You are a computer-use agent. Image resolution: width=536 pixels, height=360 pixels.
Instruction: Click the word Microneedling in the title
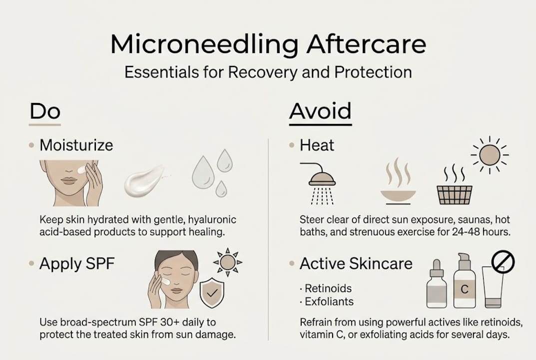[x=204, y=45]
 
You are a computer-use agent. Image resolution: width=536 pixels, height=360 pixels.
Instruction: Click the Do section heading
[x=45, y=111]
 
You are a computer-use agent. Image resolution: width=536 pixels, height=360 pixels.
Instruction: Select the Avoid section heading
[x=320, y=111]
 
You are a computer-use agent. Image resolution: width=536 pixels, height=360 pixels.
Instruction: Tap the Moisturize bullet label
[x=76, y=145]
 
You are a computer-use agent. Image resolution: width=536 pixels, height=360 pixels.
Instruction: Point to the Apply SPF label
[x=77, y=264]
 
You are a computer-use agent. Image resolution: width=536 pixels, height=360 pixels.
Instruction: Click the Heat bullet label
[x=317, y=145]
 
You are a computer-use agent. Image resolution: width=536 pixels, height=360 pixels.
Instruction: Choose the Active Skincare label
[x=356, y=263]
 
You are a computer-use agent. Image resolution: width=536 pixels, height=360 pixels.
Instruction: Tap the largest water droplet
[x=203, y=172]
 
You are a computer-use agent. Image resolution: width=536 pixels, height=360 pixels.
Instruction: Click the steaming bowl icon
[x=398, y=181]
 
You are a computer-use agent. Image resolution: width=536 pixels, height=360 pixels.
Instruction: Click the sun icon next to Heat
[x=490, y=154]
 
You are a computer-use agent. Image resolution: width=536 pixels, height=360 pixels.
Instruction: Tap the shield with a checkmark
[x=212, y=292]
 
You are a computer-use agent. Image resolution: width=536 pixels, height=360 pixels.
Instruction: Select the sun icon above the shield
[x=227, y=262]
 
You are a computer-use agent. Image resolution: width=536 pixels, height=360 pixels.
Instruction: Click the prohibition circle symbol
[x=503, y=262]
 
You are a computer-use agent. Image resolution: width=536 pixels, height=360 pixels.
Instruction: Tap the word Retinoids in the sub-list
[x=328, y=288]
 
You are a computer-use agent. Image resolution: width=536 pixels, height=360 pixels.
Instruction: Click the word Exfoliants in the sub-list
[x=329, y=301]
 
